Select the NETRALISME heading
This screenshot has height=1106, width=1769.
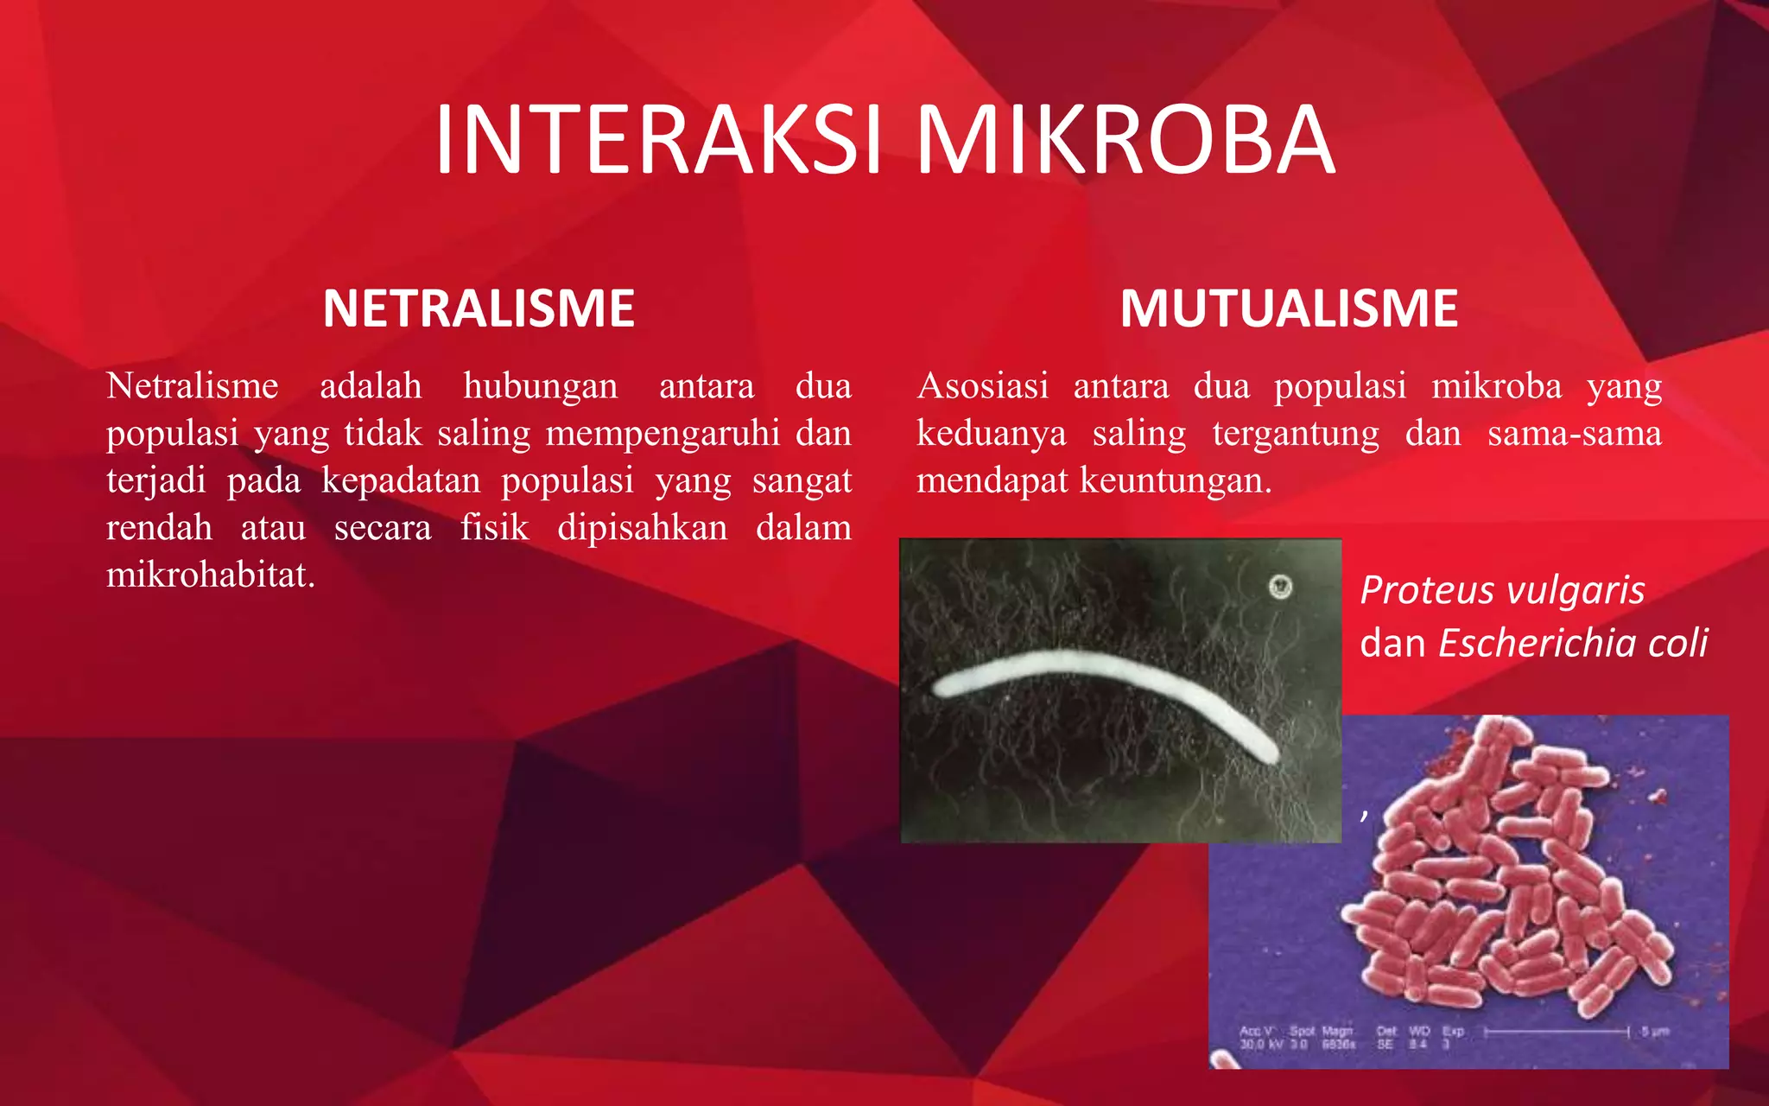(x=479, y=308)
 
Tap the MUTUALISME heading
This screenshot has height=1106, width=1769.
(x=1289, y=308)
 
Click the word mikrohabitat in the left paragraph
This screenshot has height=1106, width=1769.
(x=210, y=575)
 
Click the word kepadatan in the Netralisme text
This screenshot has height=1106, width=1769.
(x=401, y=480)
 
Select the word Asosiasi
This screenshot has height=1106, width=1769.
(x=983, y=385)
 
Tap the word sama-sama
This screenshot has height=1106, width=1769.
(x=1574, y=433)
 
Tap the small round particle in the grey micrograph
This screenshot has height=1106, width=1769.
(x=1279, y=588)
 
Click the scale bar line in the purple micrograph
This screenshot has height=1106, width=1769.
(x=1556, y=1032)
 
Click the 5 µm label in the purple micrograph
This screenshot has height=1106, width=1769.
(x=1655, y=1032)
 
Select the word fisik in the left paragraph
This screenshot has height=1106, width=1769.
(x=494, y=528)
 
